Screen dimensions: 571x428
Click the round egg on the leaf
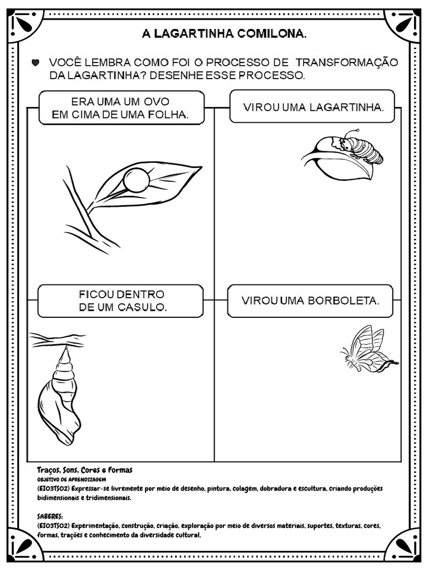coord(136,180)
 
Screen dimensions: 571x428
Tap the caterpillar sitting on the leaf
coord(361,148)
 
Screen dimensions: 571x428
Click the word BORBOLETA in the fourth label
coord(344,301)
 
